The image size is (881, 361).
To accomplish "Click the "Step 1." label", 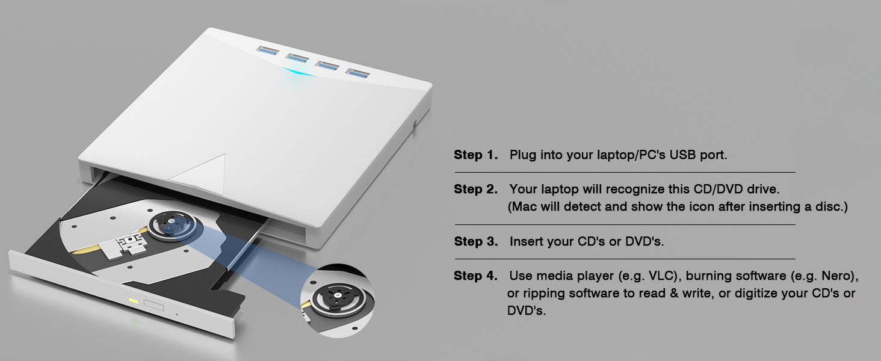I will point(475,155).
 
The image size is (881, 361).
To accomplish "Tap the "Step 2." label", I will point(475,190).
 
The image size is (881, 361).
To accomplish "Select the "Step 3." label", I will point(475,242).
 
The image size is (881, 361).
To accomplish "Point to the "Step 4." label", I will point(475,276).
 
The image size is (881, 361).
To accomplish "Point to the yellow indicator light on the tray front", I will point(133,300).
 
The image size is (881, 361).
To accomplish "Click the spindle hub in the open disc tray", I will point(173,221).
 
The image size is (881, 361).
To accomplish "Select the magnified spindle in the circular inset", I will point(335,296).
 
